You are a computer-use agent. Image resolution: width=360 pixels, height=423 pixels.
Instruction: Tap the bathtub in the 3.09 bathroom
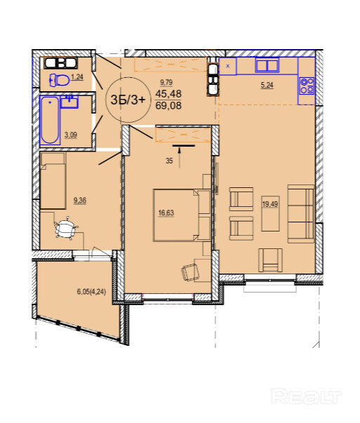pos(50,120)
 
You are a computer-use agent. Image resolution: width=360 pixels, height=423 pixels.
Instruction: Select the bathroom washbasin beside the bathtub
pos(69,102)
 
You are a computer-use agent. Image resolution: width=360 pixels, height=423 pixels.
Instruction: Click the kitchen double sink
pos(267,65)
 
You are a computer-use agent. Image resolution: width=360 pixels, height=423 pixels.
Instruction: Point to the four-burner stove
pos(307,86)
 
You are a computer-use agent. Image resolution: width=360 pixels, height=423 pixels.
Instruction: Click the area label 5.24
pos(267,86)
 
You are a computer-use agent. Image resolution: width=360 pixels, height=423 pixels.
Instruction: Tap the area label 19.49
pos(270,204)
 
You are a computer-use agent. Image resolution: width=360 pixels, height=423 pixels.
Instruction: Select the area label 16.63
pos(166,213)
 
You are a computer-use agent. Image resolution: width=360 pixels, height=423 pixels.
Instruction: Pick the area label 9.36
pos(80,201)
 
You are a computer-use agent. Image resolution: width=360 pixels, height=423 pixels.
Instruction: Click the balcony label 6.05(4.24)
pos(91,292)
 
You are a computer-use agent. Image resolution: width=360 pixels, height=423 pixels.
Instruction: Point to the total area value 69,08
pos(168,105)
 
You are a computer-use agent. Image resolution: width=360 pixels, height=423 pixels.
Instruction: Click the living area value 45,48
pos(168,94)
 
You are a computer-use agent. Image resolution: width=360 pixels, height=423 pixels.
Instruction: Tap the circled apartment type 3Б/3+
pos(128,100)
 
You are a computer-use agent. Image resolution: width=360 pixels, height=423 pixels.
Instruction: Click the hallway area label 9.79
pos(166,82)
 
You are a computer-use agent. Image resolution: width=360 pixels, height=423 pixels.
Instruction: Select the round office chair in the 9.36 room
pos(66,228)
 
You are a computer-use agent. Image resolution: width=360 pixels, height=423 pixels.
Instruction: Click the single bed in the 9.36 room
pos(53,181)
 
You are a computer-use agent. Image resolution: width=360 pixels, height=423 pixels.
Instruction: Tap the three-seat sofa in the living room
pos(301,214)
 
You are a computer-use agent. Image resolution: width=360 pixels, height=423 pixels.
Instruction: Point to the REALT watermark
pos(307,396)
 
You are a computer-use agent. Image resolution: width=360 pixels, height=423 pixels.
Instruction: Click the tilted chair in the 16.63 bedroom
pos(190,273)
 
